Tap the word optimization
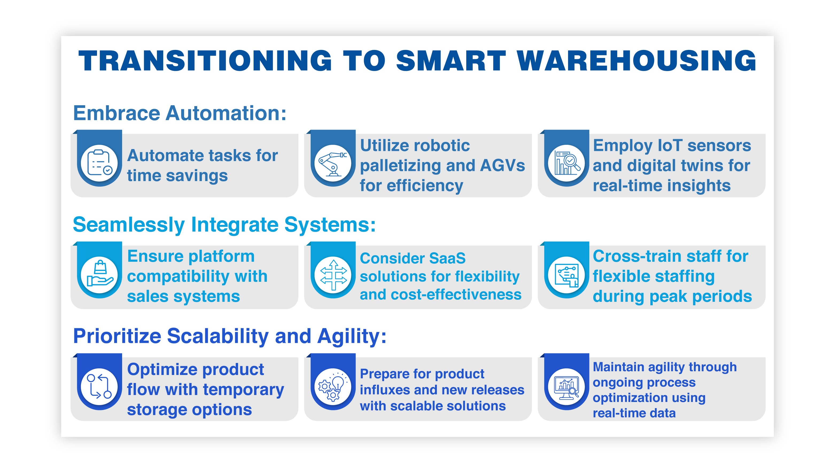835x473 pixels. [x=649, y=398]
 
